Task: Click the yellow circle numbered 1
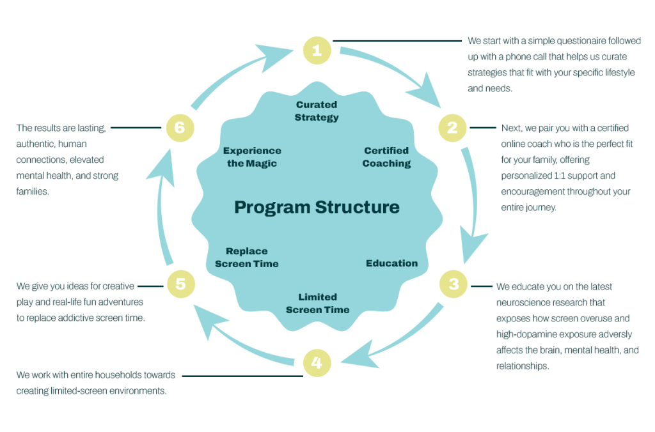[x=317, y=50]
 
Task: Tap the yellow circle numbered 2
[x=452, y=128]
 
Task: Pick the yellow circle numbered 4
[x=317, y=363]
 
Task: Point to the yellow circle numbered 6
[x=180, y=128]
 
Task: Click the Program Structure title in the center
[x=317, y=207]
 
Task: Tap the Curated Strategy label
[x=317, y=111]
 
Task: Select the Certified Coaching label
[x=386, y=157]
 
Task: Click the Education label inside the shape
[x=391, y=263]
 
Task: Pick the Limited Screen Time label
[x=317, y=304]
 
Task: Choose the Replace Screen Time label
[x=247, y=258]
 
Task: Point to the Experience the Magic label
[x=252, y=157]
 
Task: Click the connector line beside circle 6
[x=138, y=128]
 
